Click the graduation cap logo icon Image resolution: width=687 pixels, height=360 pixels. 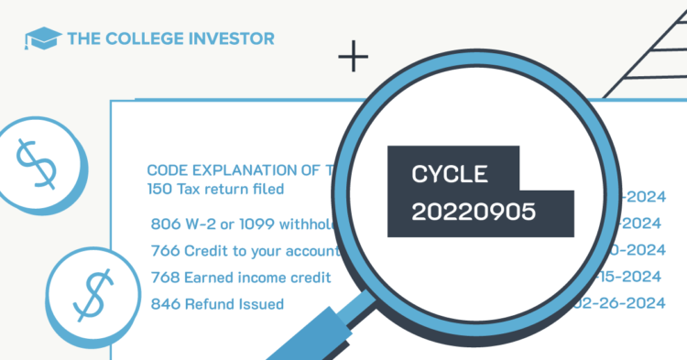(x=43, y=39)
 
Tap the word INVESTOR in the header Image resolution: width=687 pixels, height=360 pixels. (x=233, y=39)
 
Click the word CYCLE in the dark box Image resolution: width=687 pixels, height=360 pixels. (x=451, y=174)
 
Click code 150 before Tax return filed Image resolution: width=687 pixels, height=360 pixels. (x=159, y=190)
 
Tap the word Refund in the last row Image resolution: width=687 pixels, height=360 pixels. (x=209, y=303)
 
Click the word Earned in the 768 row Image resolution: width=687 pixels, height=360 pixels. (x=208, y=277)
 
